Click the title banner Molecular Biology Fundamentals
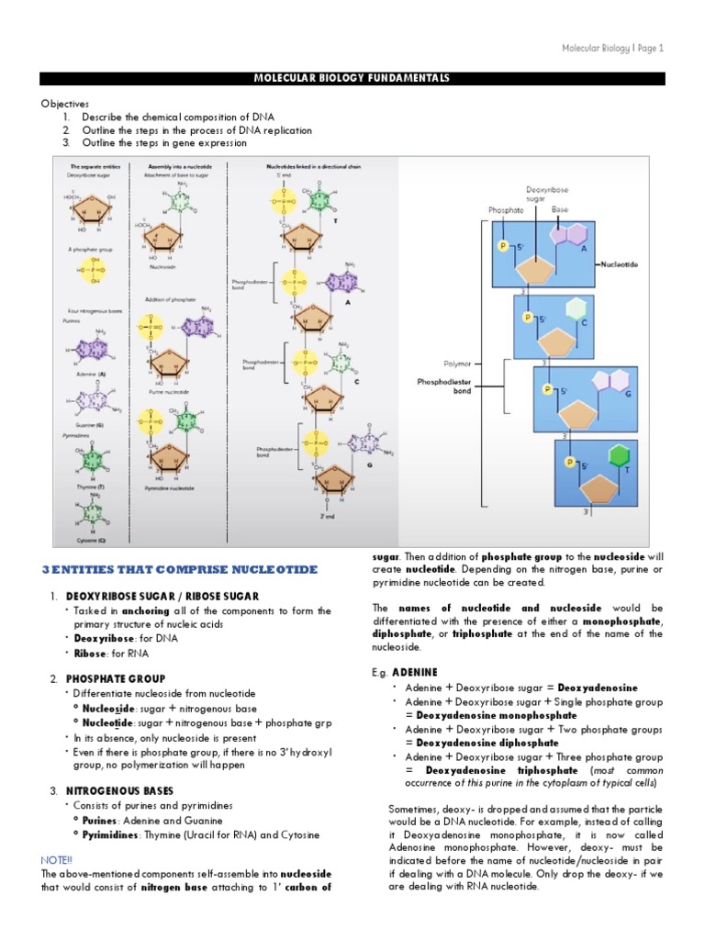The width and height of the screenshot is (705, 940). (352, 79)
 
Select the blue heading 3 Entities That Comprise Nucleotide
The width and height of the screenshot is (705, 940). (180, 569)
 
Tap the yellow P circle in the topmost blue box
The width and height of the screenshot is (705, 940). (502, 246)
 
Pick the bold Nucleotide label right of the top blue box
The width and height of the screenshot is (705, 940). (620, 264)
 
